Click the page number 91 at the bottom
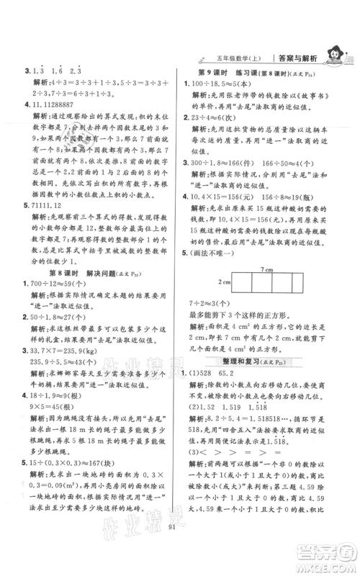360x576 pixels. [x=180, y=555]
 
